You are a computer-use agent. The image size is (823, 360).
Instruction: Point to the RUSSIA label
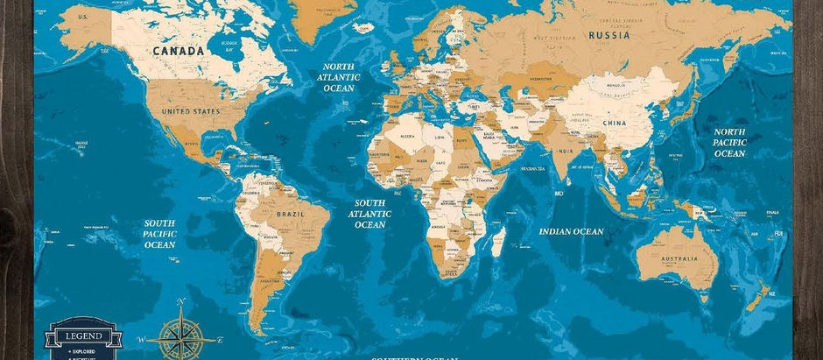609,35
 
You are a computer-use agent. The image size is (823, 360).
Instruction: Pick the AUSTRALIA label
679,258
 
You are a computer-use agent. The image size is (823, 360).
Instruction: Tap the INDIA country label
565,151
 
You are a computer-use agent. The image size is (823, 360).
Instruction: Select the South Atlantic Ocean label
369,213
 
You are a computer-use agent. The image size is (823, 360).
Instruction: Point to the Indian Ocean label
570,231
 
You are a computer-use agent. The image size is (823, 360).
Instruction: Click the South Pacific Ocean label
160,234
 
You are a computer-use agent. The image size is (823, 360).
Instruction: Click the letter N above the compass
181,303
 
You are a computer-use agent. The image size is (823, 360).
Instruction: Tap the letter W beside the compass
141,337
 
